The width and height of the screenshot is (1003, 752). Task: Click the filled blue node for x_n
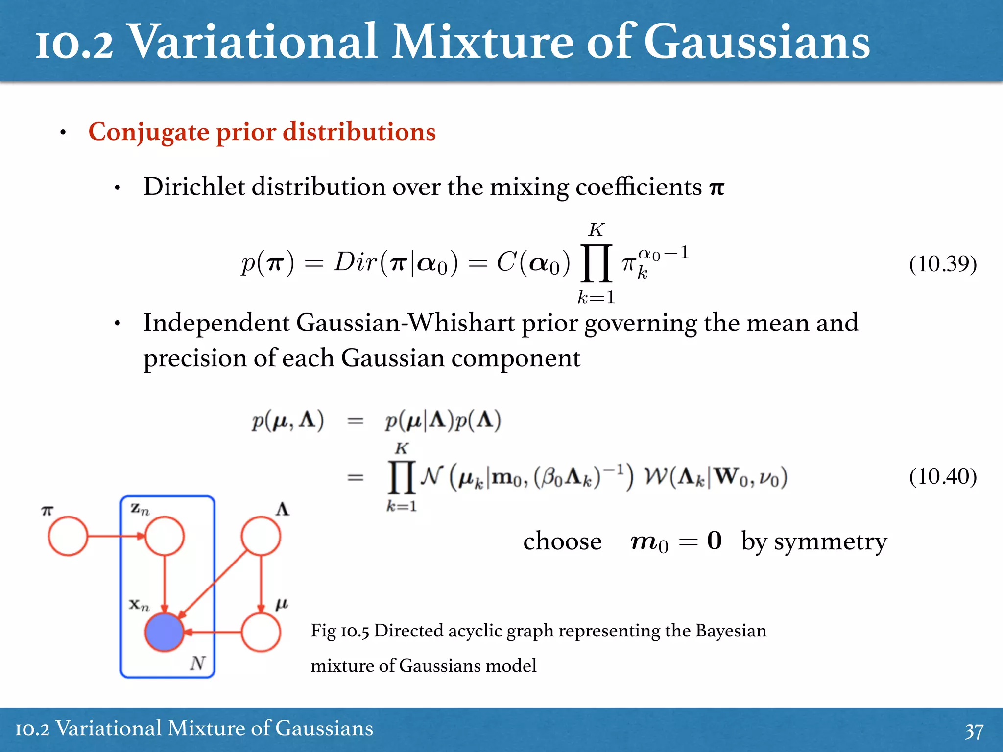pyautogui.click(x=165, y=632)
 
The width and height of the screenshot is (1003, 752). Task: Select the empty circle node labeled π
pyautogui.click(x=68, y=536)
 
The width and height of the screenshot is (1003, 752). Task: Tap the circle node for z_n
pyautogui.click(x=165, y=536)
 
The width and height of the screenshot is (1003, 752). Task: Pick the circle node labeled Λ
pyautogui.click(x=261, y=536)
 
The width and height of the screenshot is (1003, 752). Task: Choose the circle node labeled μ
pyautogui.click(x=261, y=632)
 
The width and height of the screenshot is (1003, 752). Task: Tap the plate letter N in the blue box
pyautogui.click(x=197, y=663)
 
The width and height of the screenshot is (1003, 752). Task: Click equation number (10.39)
pyautogui.click(x=943, y=264)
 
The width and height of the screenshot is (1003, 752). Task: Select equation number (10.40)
pyautogui.click(x=943, y=476)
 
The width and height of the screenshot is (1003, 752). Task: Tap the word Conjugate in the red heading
pyautogui.click(x=149, y=132)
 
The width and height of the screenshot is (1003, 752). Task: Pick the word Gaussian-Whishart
pyautogui.click(x=405, y=323)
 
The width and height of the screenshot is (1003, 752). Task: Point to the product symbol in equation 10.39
pyautogui.click(x=596, y=264)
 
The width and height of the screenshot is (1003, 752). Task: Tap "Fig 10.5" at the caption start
pyautogui.click(x=340, y=631)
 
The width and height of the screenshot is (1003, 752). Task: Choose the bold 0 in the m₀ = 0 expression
pyautogui.click(x=714, y=540)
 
